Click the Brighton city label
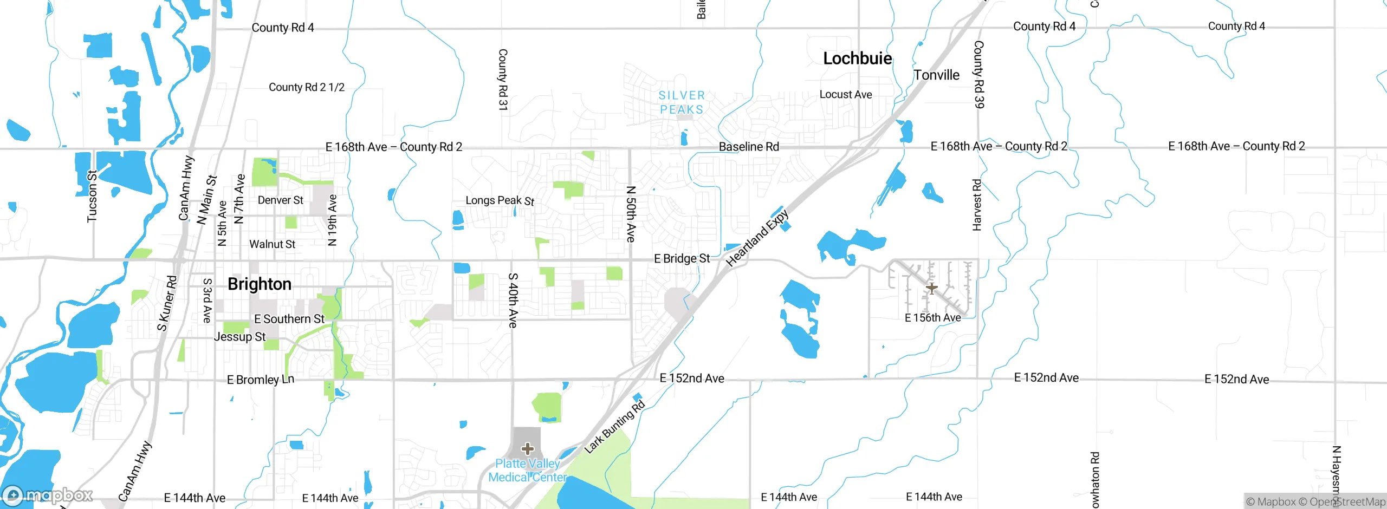tap(260, 284)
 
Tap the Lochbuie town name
tap(857, 58)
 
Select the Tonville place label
tap(936, 75)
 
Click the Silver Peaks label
tap(682, 102)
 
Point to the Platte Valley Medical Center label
tap(527, 471)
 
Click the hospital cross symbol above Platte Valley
tap(528, 449)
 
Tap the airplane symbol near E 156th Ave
tap(931, 288)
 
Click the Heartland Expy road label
tap(757, 238)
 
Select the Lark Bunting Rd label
tap(615, 427)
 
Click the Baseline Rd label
tap(749, 147)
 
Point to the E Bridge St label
tap(682, 259)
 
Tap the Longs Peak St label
tap(500, 201)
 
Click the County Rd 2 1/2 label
tap(307, 87)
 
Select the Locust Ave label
tap(846, 95)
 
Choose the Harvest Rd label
tap(977, 205)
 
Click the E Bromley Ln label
tap(261, 380)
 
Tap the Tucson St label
tap(93, 196)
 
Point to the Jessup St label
tap(239, 337)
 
